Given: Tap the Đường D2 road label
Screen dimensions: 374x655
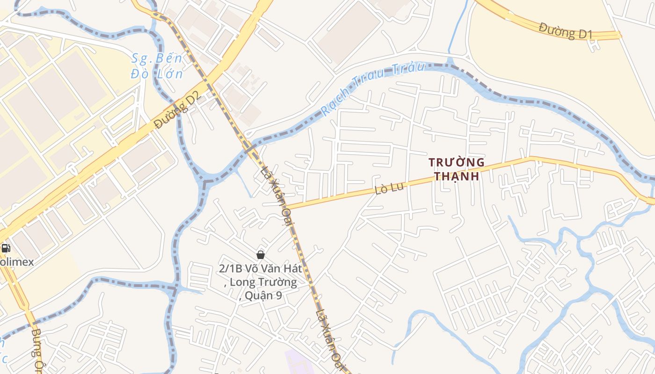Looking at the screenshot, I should pyautogui.click(x=177, y=110).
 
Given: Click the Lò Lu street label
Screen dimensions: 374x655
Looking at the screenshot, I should pyautogui.click(x=388, y=189).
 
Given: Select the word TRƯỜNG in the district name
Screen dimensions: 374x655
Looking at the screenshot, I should pyautogui.click(x=457, y=163).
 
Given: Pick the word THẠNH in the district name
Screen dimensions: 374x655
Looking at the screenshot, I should pyautogui.click(x=457, y=176).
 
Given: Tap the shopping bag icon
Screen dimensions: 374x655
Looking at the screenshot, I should pyautogui.click(x=261, y=255).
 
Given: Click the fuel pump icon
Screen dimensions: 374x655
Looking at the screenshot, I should pyautogui.click(x=6, y=248).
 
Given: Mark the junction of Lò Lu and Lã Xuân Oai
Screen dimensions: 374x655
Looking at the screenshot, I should pyautogui.click(x=286, y=207).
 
